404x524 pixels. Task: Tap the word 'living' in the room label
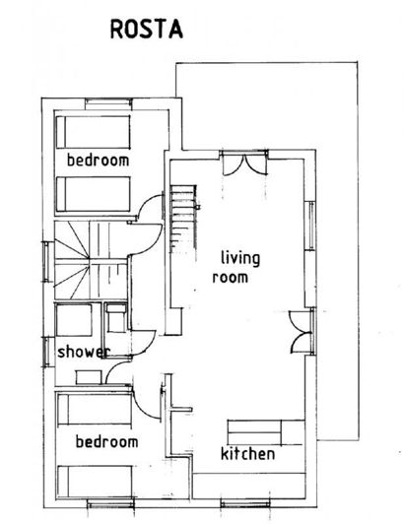pyautogui.click(x=240, y=259)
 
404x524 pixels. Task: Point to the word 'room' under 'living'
pyautogui.click(x=230, y=278)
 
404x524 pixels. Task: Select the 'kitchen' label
pyautogui.click(x=247, y=454)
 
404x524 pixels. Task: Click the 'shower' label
pyautogui.click(x=81, y=352)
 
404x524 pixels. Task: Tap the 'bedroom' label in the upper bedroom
pyautogui.click(x=99, y=159)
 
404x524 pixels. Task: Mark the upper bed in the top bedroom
pyautogui.click(x=94, y=130)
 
